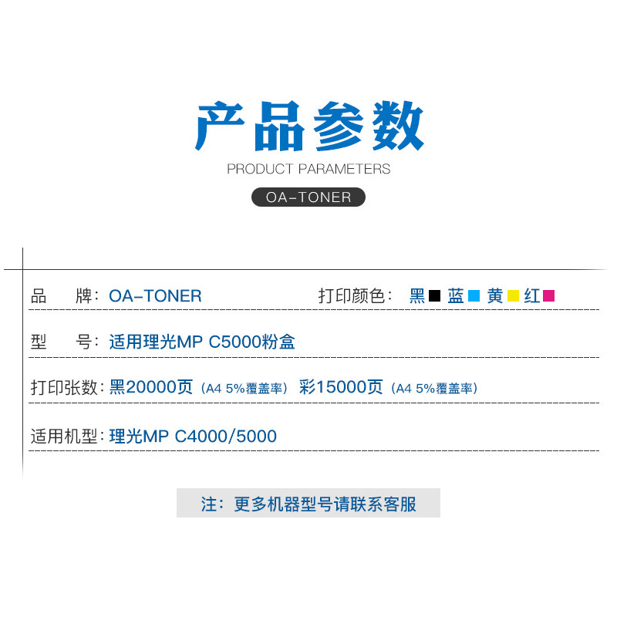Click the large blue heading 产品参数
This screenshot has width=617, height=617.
[x=308, y=127]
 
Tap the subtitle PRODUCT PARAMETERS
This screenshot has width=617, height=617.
[x=308, y=169]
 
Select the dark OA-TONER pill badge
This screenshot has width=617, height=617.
[x=308, y=197]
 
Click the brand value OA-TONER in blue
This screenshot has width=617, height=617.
[x=155, y=296]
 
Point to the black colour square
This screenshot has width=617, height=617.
[x=434, y=296]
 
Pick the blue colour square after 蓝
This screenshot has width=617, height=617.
[x=474, y=296]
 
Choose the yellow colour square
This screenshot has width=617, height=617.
[x=513, y=296]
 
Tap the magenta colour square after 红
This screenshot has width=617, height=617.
[x=549, y=296]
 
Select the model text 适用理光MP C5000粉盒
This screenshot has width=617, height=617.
[x=202, y=342]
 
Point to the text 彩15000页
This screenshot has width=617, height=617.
[x=341, y=387]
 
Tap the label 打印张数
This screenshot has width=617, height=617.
[x=66, y=387]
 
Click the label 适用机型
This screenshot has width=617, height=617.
[x=66, y=437]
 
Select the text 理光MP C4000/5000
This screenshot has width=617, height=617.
[x=193, y=437]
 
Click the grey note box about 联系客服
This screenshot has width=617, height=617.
[x=308, y=504]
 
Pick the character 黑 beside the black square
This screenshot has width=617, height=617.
[x=417, y=296]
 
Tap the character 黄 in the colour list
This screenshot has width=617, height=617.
[x=495, y=296]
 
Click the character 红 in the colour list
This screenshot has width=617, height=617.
[x=532, y=296]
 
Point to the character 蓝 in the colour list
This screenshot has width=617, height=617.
[x=456, y=296]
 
